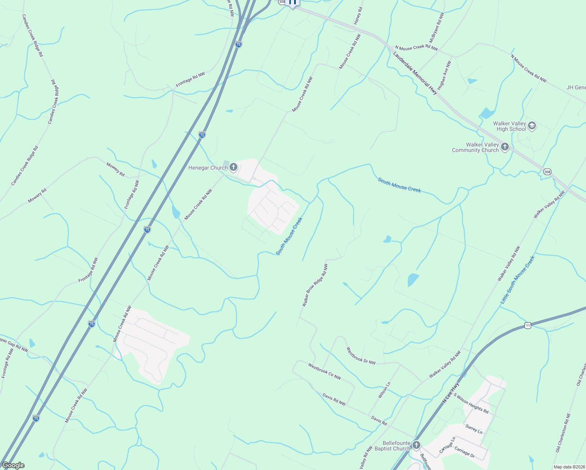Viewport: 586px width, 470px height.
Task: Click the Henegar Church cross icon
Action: (x=233, y=168)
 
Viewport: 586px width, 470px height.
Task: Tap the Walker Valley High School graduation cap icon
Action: (x=532, y=126)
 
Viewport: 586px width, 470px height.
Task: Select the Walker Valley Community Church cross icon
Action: (x=505, y=147)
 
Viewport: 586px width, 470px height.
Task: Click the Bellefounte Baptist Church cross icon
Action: (x=416, y=445)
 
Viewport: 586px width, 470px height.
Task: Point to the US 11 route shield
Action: (x=528, y=325)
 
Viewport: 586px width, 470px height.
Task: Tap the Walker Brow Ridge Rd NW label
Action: (x=315, y=285)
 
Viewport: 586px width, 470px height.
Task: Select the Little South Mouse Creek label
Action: (x=517, y=280)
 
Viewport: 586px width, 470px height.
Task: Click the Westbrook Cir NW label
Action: (x=324, y=371)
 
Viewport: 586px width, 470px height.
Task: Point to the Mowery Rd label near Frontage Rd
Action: (x=116, y=169)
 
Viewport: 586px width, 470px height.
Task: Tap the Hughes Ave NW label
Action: (x=445, y=76)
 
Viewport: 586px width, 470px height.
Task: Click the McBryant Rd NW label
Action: (x=437, y=27)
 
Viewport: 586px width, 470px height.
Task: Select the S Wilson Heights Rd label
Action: (x=471, y=403)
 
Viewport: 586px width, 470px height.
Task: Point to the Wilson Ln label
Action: (x=384, y=390)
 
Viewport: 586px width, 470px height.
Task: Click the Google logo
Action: (x=13, y=465)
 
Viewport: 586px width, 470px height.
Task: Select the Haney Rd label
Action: (x=358, y=16)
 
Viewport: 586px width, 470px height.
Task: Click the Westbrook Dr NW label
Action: (x=361, y=356)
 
